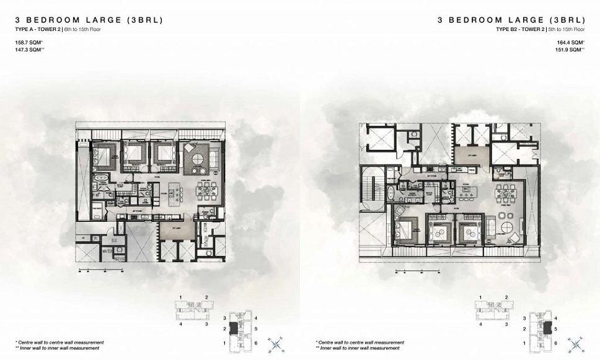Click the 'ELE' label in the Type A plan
click(114, 240)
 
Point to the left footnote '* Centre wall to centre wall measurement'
click(60, 342)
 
